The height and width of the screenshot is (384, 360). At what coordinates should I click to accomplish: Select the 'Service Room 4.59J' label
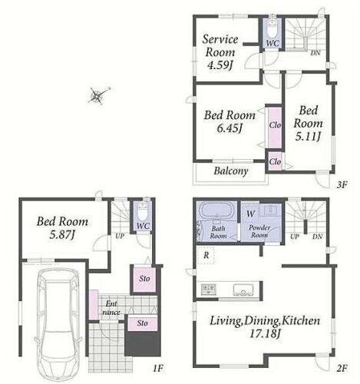click(220, 52)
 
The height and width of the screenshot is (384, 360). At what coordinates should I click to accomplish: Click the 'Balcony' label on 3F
click(231, 170)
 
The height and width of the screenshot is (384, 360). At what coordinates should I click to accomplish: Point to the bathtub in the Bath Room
click(217, 210)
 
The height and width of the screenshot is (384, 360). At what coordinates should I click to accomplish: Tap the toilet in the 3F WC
click(272, 29)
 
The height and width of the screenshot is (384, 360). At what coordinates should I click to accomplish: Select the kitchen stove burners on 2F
click(209, 289)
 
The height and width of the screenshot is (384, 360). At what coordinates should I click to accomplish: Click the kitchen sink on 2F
click(243, 290)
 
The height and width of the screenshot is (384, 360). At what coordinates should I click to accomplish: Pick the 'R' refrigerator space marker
click(206, 255)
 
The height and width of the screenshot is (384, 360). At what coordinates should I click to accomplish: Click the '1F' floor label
click(158, 369)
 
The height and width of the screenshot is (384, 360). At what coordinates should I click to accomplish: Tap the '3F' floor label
click(342, 184)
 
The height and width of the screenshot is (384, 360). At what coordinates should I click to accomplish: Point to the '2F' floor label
click(342, 369)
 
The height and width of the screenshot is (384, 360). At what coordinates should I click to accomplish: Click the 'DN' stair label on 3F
click(315, 53)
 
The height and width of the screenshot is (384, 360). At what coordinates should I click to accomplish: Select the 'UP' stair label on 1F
click(120, 236)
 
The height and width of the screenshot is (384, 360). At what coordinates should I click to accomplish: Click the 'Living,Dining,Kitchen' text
click(265, 321)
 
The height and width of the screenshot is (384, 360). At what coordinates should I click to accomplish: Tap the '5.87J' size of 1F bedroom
click(62, 235)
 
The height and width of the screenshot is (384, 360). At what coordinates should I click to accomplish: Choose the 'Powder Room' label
click(259, 231)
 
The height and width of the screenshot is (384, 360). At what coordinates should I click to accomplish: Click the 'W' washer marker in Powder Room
click(251, 214)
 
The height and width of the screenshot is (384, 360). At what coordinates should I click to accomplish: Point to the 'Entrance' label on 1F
click(111, 308)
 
